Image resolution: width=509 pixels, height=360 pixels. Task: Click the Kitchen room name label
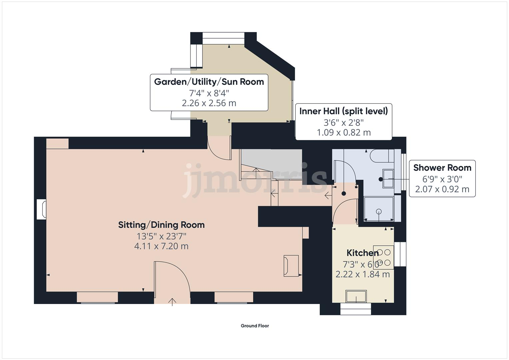[x=362, y=253]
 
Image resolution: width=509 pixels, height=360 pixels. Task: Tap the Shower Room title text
[x=442, y=168]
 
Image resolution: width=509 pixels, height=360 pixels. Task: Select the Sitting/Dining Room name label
[x=161, y=225]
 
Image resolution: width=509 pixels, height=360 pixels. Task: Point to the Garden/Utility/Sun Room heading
[x=209, y=82]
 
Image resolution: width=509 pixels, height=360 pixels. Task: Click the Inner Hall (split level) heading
[x=344, y=111]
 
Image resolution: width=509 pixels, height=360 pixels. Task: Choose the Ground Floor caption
[x=255, y=326]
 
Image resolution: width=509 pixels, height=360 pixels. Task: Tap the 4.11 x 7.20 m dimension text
[x=161, y=246]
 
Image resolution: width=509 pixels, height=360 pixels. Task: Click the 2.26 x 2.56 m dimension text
[x=209, y=103]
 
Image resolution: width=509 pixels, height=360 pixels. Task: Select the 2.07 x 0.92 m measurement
[x=442, y=189]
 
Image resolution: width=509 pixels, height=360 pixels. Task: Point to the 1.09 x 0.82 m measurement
[x=344, y=133]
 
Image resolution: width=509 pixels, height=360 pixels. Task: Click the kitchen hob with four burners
[x=384, y=257]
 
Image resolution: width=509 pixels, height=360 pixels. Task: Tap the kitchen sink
[x=356, y=296]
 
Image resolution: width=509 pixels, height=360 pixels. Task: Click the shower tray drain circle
[x=379, y=212]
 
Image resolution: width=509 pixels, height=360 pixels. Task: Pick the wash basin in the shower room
[x=388, y=178]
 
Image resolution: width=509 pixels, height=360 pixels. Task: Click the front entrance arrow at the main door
[x=172, y=302]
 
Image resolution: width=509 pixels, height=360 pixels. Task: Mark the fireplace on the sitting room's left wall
[x=42, y=209]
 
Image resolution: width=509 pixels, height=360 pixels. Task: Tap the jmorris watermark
[x=255, y=180]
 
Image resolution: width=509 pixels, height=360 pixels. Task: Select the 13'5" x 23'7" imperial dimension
[x=161, y=236]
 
